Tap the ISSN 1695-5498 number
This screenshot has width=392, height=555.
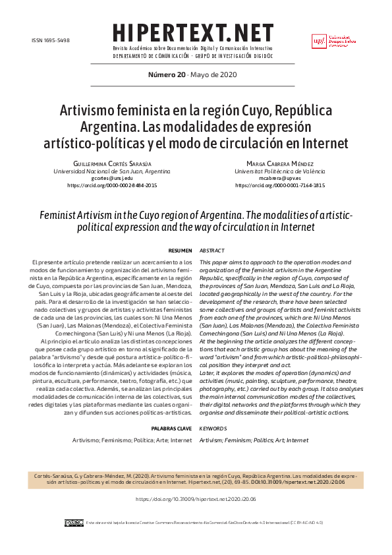51,40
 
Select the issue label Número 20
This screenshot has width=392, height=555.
165,74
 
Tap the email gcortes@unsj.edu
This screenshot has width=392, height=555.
112,178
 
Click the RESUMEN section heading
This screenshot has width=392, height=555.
181,251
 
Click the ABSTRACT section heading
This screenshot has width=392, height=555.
212,251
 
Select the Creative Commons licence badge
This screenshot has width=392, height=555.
74,523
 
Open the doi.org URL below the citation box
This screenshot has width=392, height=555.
196,500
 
